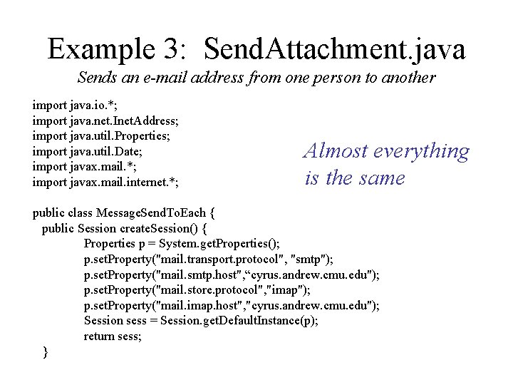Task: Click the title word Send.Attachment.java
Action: (x=334, y=48)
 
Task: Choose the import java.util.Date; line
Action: (x=89, y=151)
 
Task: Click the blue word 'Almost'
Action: (x=338, y=151)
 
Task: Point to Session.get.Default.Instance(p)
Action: (x=239, y=321)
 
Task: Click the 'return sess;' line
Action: (x=113, y=337)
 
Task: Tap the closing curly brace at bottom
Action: (x=46, y=351)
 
